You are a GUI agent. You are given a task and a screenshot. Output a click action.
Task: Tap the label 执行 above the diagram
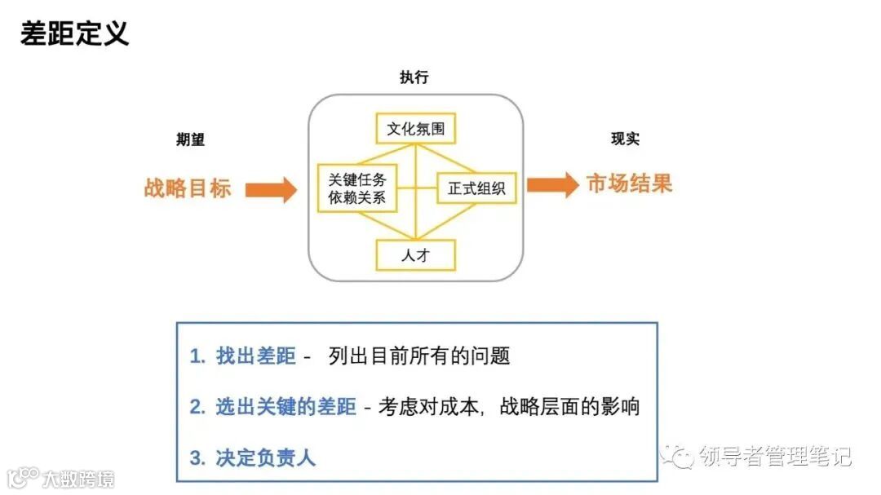[414, 78]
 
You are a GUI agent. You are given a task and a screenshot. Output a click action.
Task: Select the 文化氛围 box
[415, 129]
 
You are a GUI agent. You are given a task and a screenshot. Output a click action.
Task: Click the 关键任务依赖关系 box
[357, 188]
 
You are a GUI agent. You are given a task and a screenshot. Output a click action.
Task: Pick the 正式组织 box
[477, 189]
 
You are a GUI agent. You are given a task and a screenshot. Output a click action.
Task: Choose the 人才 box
[415, 255]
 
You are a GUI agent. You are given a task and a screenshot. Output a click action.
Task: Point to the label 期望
[190, 139]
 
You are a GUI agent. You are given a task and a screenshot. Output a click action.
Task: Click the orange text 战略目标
[188, 188]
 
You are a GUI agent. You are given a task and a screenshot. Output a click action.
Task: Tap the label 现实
[625, 139]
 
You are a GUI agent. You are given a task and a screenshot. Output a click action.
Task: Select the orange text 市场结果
[629, 184]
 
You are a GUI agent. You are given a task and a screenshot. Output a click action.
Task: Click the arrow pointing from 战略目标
[271, 189]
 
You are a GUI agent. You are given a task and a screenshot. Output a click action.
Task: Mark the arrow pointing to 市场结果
[552, 185]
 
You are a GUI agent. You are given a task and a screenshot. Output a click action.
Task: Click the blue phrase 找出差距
[256, 356]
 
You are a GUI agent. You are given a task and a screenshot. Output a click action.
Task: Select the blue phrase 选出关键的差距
[286, 406]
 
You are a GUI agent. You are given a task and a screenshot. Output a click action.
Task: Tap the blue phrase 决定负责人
[266, 457]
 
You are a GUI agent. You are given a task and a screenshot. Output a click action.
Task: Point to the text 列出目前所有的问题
[419, 356]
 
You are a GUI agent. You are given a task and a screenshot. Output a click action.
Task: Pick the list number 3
[196, 457]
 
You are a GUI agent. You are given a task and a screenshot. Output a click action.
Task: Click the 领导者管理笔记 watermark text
[775, 457]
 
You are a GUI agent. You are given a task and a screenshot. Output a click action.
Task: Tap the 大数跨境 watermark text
[78, 478]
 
